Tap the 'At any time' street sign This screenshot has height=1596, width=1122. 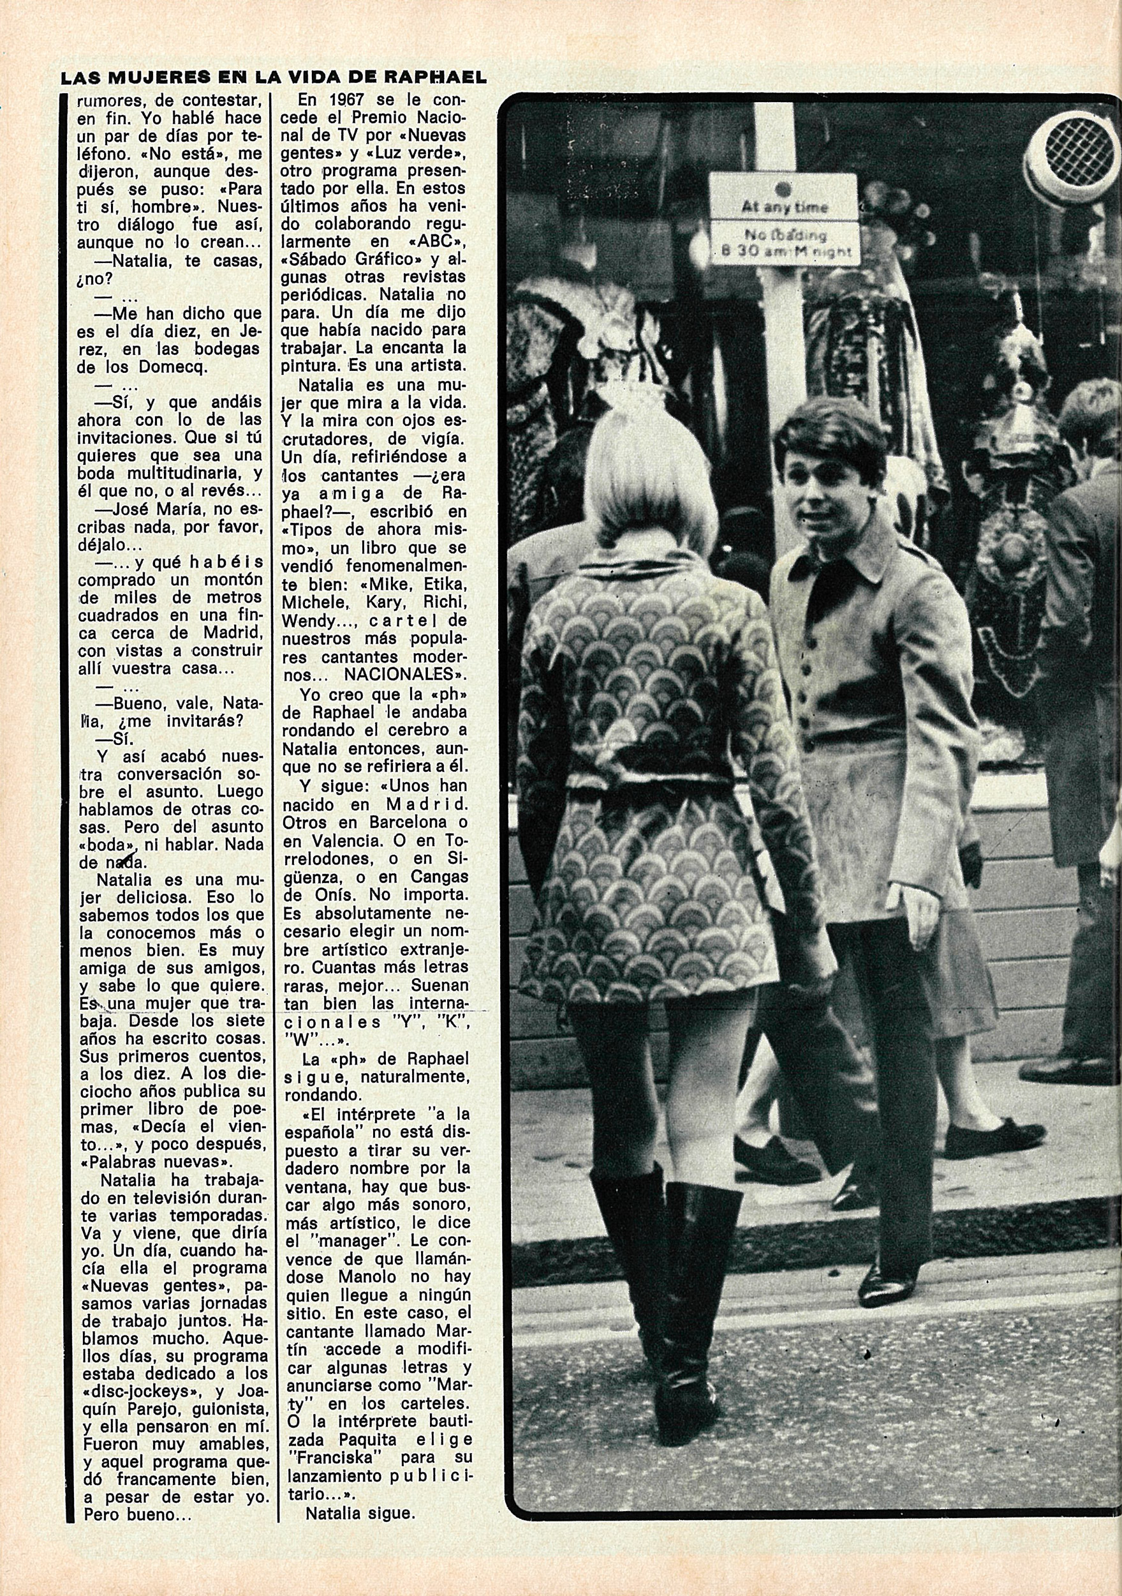click(785, 206)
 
